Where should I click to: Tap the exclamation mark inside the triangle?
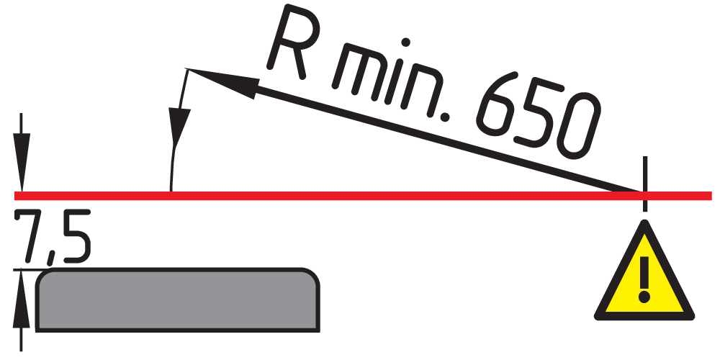coord(644,279)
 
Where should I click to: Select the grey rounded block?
coord(178,300)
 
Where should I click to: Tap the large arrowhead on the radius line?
coord(222,83)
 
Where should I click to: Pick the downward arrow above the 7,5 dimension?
coord(21,151)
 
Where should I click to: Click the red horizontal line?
coord(363,196)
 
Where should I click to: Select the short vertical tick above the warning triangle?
coord(645,184)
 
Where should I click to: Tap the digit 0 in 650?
coord(579,126)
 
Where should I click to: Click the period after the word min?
coord(444,117)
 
